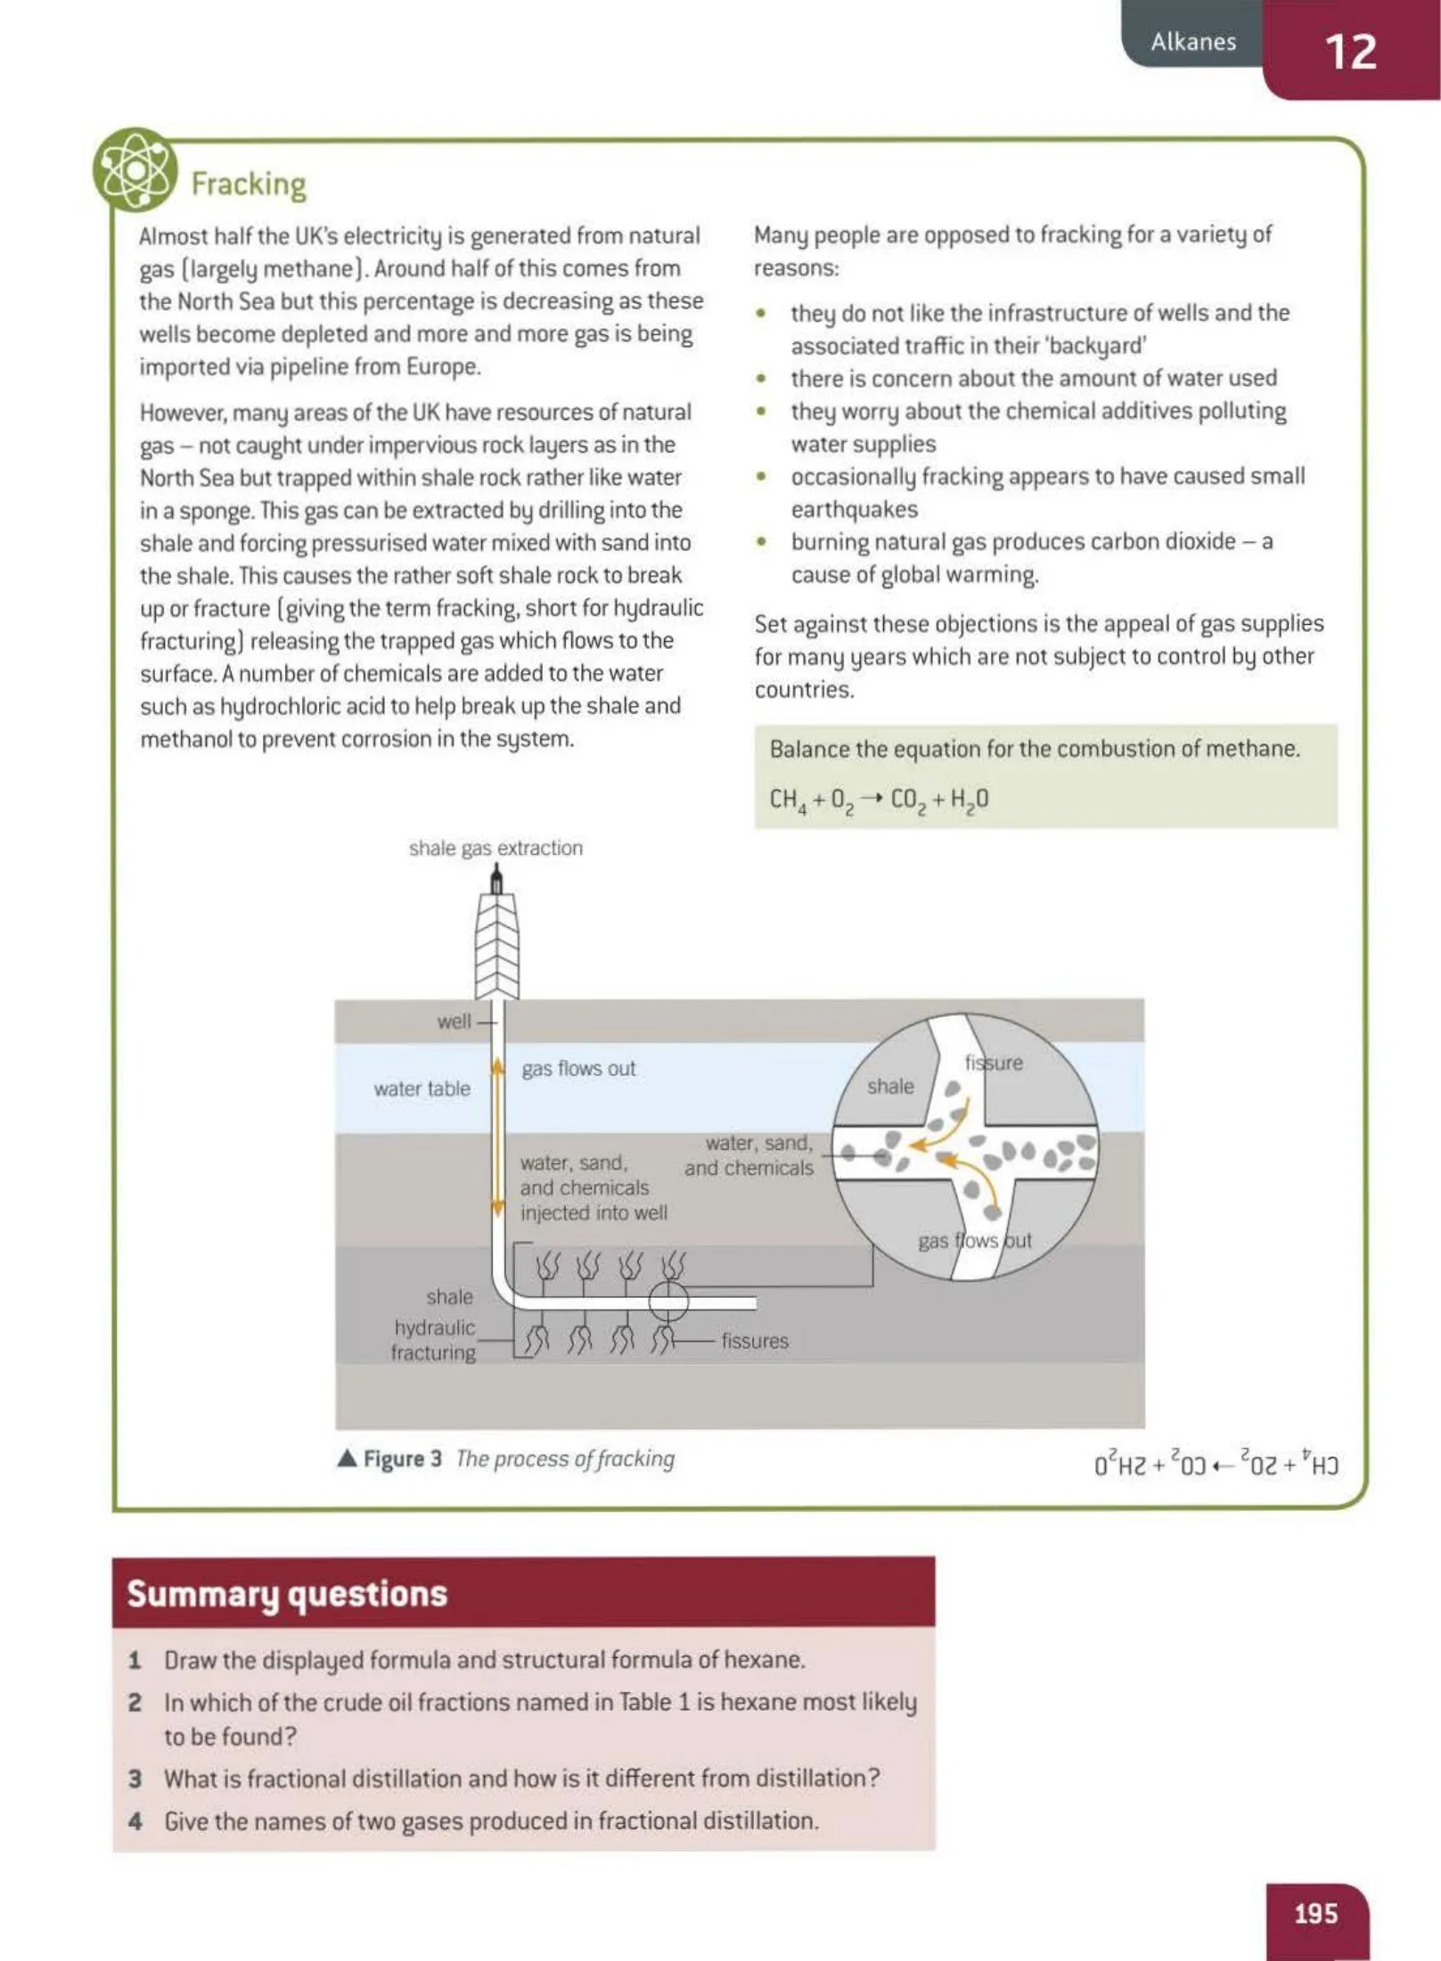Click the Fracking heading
coord(249,184)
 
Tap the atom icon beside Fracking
coord(135,169)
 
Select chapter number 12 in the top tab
coord(1350,52)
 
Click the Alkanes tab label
coord(1193,41)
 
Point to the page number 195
coord(1315,1913)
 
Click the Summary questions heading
coord(287,1594)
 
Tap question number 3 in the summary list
coord(135,1778)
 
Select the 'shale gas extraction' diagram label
coord(495,848)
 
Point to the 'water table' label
coord(422,1088)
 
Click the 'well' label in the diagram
coord(454,1022)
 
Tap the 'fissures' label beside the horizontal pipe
coord(755,1341)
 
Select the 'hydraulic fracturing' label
coord(434,1340)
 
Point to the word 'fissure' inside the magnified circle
coord(994,1063)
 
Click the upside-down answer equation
coord(1216,1465)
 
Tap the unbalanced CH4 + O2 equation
coord(879,800)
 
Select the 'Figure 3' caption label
coord(402,1458)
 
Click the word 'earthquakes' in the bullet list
coord(854,509)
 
